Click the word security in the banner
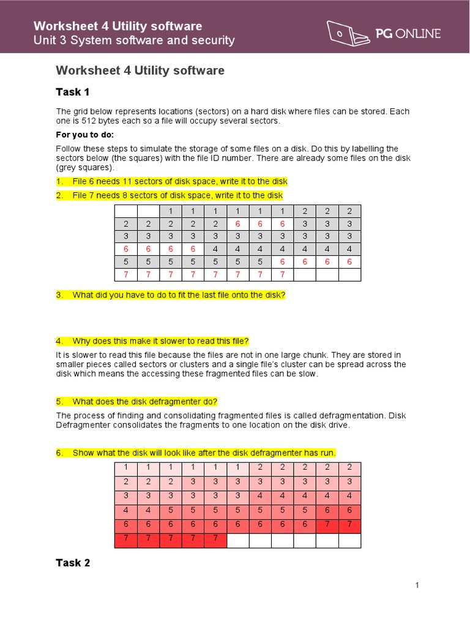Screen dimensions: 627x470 [212, 40]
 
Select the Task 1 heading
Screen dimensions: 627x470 [73, 92]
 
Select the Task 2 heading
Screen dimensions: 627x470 [73, 562]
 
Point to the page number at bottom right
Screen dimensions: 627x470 [417, 585]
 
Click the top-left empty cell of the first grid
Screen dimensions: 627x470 [125, 211]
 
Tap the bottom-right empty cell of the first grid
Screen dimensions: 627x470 [349, 274]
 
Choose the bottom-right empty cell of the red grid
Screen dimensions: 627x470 [349, 540]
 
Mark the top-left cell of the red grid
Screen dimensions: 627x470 [125, 467]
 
